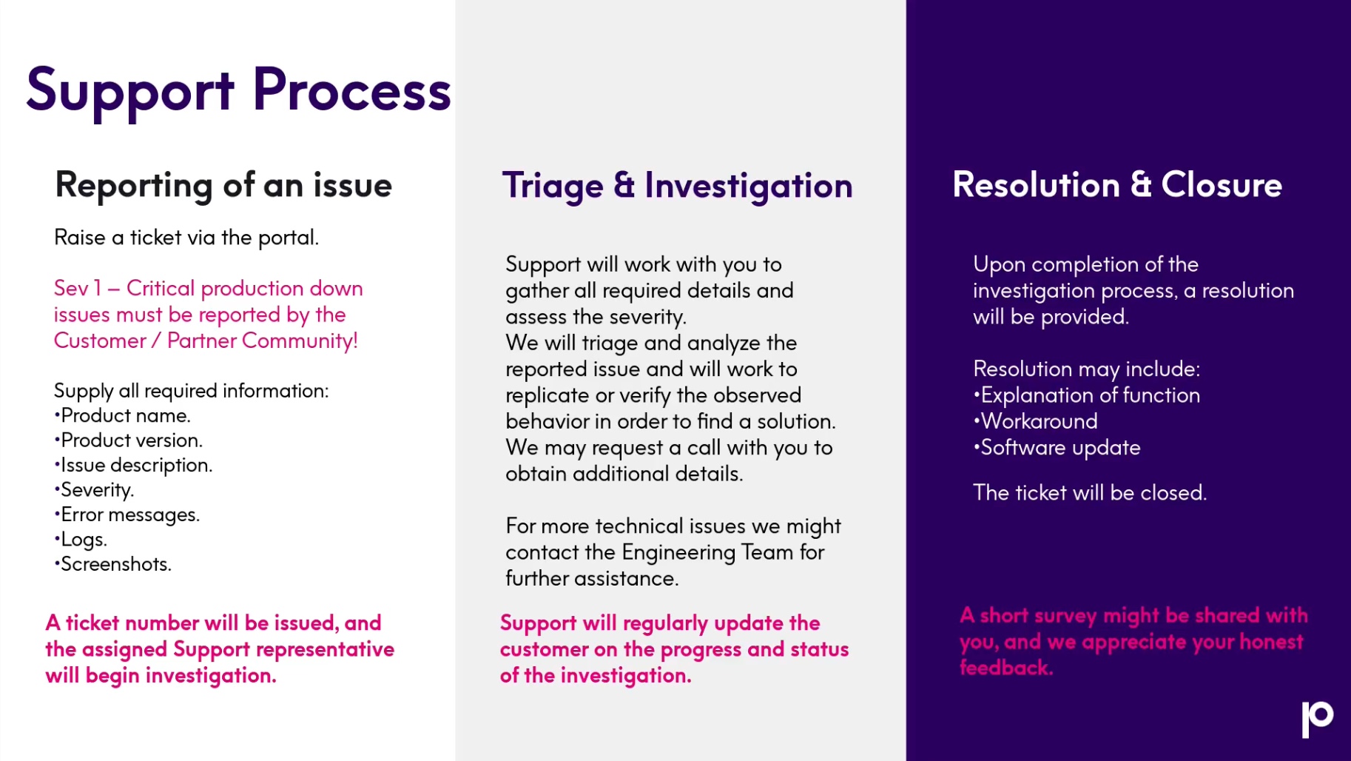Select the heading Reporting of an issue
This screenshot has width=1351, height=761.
[x=223, y=185]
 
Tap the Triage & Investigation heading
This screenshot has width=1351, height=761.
[x=677, y=186]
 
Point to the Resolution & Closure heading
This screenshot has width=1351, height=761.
[x=1117, y=184]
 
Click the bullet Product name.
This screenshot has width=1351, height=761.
[x=123, y=415]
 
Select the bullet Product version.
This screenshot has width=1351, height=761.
[x=129, y=440]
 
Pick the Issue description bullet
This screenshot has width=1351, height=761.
[x=133, y=466]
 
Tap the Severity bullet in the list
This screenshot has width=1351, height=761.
[x=94, y=490]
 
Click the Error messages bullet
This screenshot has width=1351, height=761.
[x=127, y=514]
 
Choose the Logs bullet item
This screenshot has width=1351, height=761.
[x=81, y=540]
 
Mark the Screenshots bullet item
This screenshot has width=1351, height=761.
[x=113, y=564]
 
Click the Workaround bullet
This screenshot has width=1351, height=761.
[x=1036, y=421]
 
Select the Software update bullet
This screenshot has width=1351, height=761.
[x=1057, y=448]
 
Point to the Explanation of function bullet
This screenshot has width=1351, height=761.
[x=1087, y=395]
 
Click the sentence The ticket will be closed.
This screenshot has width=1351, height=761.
[x=1090, y=493]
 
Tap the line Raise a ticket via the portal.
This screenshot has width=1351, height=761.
[x=186, y=238]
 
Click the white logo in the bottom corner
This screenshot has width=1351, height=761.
[x=1318, y=719]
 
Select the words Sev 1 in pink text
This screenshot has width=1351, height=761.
[x=78, y=288]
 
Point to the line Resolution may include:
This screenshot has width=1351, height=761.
[x=1087, y=369]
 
